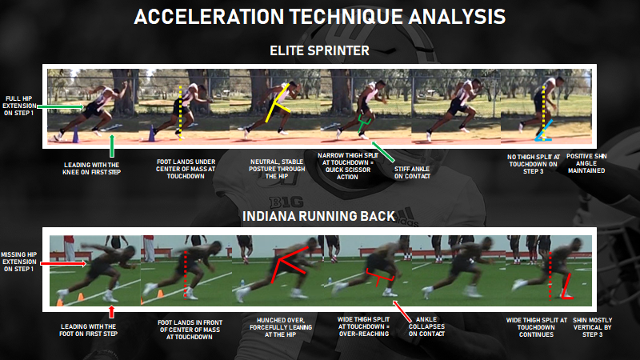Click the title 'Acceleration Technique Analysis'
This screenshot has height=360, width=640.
point(319,18)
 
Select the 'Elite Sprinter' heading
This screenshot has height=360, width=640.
point(319,50)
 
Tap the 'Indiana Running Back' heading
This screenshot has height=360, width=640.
point(319,215)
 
